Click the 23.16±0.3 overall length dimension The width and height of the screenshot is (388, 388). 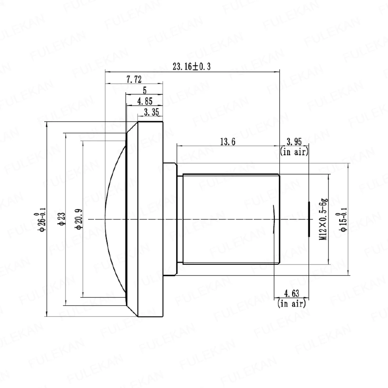(192, 66)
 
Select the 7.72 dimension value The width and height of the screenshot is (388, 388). (134, 80)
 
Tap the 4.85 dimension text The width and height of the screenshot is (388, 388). (145, 101)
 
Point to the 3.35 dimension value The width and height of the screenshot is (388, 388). (152, 112)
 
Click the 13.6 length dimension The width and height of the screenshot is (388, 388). (228, 141)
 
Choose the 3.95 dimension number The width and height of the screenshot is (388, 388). (294, 141)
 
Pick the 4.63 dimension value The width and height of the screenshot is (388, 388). (292, 293)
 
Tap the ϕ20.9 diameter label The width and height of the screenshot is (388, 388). (79, 219)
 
